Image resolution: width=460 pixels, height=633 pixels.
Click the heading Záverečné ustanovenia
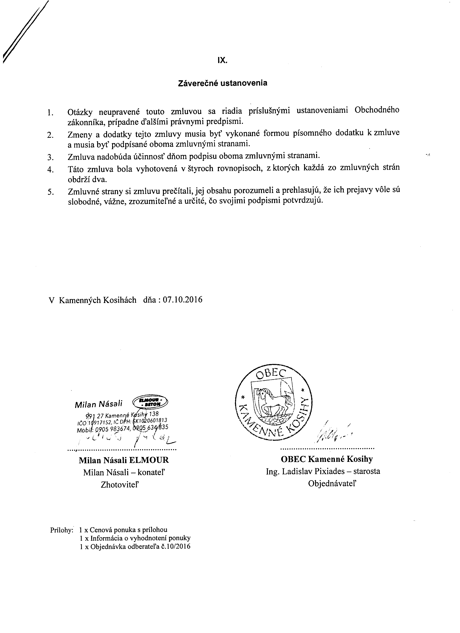coord(222,83)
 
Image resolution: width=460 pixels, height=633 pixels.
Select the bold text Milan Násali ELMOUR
coord(124,460)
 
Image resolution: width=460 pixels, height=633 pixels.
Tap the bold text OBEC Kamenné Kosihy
coord(327,459)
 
